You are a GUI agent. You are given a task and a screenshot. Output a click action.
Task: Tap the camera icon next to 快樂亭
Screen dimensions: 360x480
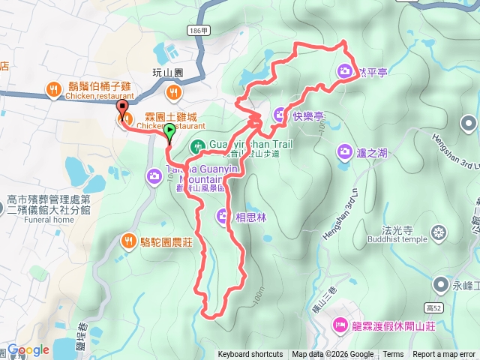pos(280,115)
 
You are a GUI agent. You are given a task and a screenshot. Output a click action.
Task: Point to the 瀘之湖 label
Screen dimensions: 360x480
pos(372,152)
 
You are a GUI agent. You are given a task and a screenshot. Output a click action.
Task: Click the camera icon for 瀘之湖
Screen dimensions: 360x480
pos(345,152)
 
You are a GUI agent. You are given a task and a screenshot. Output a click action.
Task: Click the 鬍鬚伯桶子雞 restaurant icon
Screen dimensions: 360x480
pos(53,91)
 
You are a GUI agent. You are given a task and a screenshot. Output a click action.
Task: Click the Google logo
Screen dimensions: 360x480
pos(28,349)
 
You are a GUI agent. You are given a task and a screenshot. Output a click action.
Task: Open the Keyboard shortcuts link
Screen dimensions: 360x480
pos(250,355)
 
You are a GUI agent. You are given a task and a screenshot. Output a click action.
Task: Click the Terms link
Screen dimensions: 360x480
pos(393,355)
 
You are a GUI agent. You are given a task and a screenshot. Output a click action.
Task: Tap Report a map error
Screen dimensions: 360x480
pos(445,355)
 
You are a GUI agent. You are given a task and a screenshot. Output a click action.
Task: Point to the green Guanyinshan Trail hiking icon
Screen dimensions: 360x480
pos(197,145)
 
